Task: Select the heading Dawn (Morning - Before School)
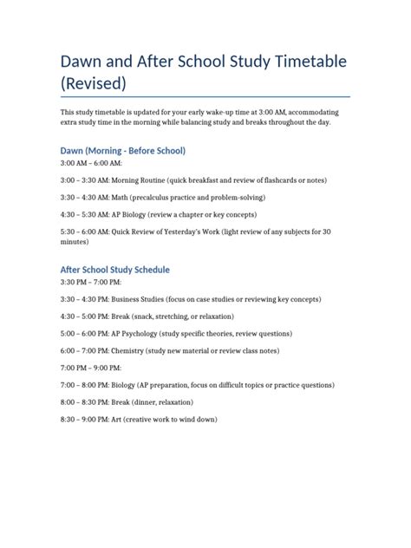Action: pos(122,150)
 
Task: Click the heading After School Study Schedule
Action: pos(115,269)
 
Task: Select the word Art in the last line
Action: pos(116,419)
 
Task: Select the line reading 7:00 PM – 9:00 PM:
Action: pos(90,369)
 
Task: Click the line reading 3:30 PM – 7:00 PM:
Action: pos(90,282)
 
